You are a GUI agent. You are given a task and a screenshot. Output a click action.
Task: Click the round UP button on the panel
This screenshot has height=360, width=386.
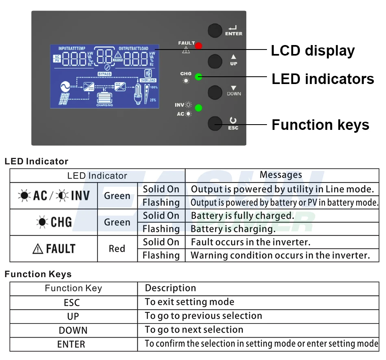point(215,61)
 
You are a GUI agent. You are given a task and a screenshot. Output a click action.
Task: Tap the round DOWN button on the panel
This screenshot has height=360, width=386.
point(215,92)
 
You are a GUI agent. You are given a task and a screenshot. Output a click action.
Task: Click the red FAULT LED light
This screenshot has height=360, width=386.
point(198,46)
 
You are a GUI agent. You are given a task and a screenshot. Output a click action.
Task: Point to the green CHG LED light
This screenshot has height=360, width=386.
point(198,77)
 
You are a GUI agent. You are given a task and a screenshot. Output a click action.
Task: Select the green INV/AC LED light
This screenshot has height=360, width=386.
point(198,108)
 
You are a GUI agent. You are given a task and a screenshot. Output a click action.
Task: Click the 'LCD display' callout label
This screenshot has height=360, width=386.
point(312,51)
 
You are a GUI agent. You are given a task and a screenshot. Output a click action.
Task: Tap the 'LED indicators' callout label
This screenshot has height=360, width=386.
point(323,79)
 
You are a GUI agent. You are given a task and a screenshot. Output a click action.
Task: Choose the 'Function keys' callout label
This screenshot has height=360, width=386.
point(320,125)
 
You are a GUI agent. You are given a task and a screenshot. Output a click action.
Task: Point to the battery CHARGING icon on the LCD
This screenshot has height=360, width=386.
point(105,98)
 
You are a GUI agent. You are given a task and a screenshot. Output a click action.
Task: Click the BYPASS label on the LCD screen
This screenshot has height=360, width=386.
point(104,74)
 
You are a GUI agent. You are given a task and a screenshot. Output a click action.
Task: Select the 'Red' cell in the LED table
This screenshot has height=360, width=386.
point(117,249)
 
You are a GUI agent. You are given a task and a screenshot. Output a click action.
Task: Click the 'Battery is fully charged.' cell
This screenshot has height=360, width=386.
point(242,216)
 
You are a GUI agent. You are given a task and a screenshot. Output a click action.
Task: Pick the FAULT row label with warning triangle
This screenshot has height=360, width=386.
point(54,249)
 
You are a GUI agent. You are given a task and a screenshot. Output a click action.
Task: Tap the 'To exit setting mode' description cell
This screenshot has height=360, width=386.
point(189,302)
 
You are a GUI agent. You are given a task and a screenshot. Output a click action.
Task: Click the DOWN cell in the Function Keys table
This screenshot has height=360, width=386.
point(73,330)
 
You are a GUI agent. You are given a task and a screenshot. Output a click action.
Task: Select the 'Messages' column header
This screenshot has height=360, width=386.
point(281,175)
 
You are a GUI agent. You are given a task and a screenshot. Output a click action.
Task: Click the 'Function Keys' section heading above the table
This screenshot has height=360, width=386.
point(38,274)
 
